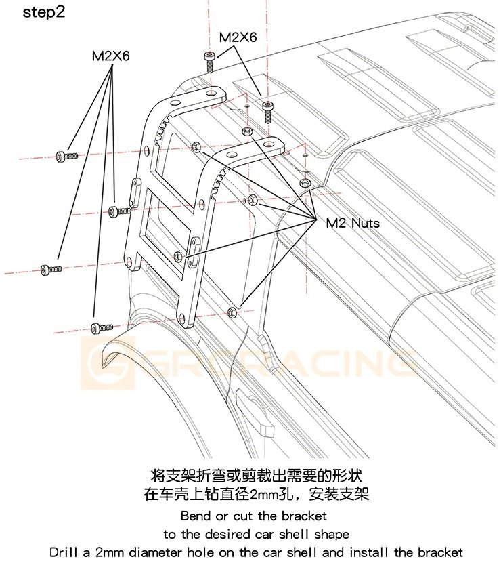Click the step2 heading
[x=44, y=12]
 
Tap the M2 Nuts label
[x=353, y=223]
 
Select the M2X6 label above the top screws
[x=238, y=37]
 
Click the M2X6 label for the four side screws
[x=111, y=56]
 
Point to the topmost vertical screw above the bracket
[x=209, y=62]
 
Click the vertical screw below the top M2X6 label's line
[x=267, y=112]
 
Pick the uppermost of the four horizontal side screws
[x=67, y=156]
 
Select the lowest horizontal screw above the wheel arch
[x=102, y=327]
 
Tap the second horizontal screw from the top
[x=120, y=211]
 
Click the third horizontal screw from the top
[x=51, y=269]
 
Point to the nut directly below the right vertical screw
[x=246, y=131]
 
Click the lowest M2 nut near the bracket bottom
[x=232, y=312]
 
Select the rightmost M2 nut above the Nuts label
[x=305, y=182]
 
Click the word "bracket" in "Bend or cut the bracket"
[x=304, y=516]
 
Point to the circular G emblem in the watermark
[x=108, y=363]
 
